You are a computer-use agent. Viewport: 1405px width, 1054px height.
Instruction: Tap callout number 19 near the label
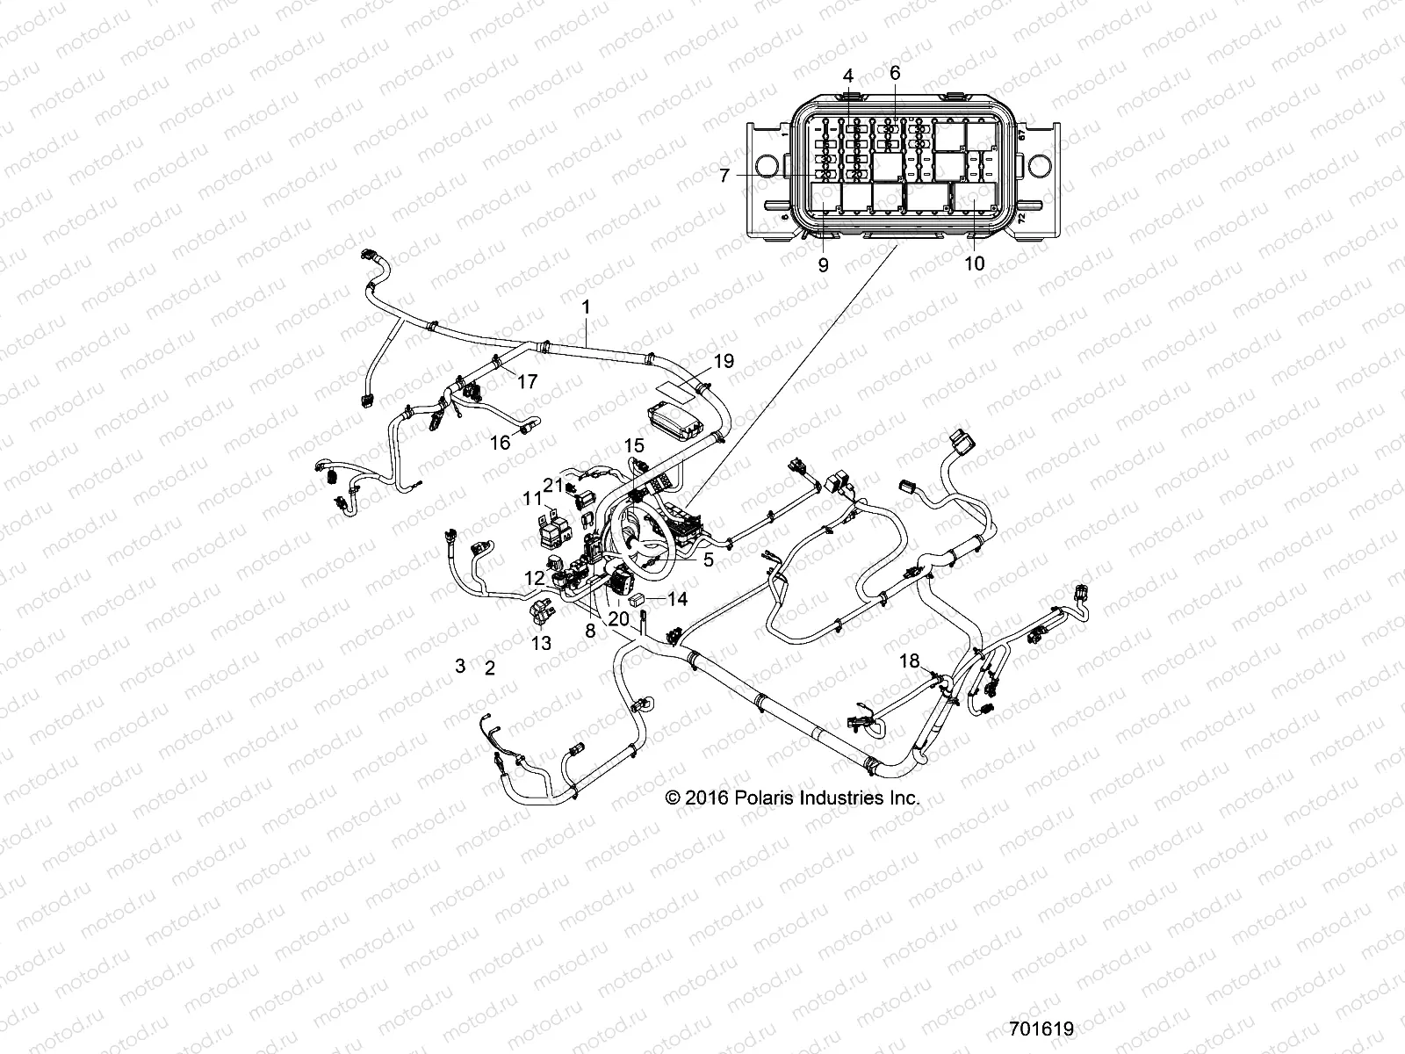[x=723, y=361]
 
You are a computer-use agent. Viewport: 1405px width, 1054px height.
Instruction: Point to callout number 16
[x=500, y=443]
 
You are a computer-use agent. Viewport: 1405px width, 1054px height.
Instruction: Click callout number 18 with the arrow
[x=909, y=661]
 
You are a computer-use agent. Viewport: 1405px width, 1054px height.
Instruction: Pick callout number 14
[x=677, y=600]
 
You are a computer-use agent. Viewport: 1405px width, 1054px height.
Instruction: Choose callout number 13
[x=541, y=643]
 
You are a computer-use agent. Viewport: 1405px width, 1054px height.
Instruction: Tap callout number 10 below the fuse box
[x=975, y=263]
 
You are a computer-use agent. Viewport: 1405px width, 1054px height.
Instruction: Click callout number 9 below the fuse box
[x=823, y=263]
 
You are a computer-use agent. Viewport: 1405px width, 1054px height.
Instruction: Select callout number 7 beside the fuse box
[x=724, y=176]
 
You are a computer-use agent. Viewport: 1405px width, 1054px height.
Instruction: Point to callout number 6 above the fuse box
[x=895, y=73]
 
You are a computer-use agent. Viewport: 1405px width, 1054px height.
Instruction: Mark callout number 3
[x=459, y=665]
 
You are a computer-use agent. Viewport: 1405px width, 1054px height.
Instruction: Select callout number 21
[x=551, y=484]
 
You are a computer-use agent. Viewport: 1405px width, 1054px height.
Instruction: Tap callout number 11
[x=533, y=498]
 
